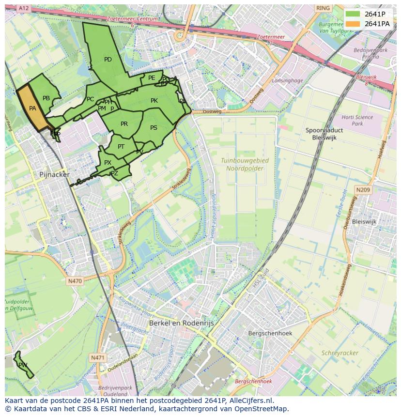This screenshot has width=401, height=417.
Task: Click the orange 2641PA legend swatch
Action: click(353, 23)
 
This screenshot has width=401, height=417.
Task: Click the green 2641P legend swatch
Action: click(353, 14)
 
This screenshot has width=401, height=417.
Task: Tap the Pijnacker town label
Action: click(54, 174)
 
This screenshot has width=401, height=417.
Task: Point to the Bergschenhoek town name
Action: click(269, 333)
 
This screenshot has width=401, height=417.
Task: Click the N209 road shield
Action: click(363, 190)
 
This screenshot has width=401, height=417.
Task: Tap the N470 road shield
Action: click(75, 281)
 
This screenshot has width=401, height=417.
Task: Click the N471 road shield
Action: click(97, 357)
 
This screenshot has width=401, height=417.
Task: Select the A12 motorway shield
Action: click(23, 8)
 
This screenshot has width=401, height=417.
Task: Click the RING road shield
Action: click(322, 8)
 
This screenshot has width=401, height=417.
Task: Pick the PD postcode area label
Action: click(108, 60)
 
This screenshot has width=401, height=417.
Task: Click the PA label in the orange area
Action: click(32, 108)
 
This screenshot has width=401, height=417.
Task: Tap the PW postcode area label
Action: click(23, 365)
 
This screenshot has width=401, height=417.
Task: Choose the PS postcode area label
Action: click(154, 128)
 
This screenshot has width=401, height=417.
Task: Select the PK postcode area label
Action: click(154, 101)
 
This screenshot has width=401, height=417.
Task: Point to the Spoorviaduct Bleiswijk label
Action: click(324, 134)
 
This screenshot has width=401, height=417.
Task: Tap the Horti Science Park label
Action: click(357, 120)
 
